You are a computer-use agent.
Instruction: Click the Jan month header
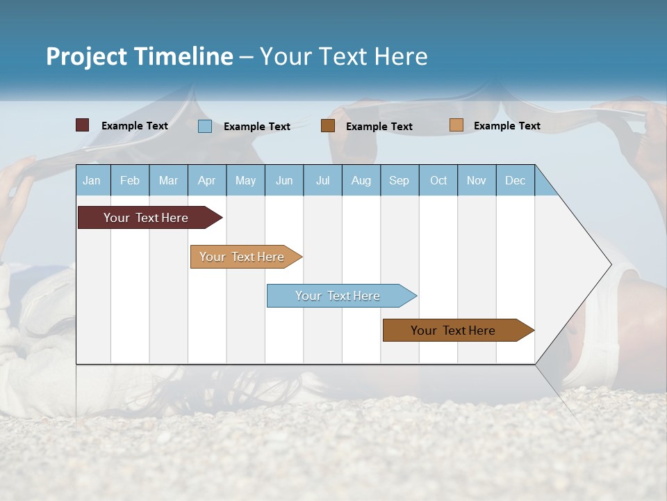pyautogui.click(x=92, y=181)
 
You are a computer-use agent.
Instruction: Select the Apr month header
pyautogui.click(x=207, y=181)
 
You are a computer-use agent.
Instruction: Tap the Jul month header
pyautogui.click(x=322, y=181)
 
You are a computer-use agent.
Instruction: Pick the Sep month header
pyautogui.click(x=399, y=181)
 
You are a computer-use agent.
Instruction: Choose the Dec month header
pyautogui.click(x=515, y=181)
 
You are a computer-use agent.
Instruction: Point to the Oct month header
pyautogui.click(x=438, y=181)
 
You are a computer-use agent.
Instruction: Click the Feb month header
pyautogui.click(x=130, y=181)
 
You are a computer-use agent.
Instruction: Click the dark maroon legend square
pyautogui.click(x=82, y=125)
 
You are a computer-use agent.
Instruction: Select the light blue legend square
pyautogui.click(x=205, y=126)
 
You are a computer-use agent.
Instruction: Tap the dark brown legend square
pyautogui.click(x=328, y=126)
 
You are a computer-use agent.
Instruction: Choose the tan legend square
pyautogui.click(x=456, y=125)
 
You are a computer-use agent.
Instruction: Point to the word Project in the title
pyautogui.click(x=86, y=56)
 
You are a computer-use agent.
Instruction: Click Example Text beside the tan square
pyautogui.click(x=507, y=126)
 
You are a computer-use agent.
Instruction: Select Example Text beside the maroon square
pyautogui.click(x=135, y=126)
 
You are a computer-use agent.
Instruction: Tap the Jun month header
pyautogui.click(x=284, y=181)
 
